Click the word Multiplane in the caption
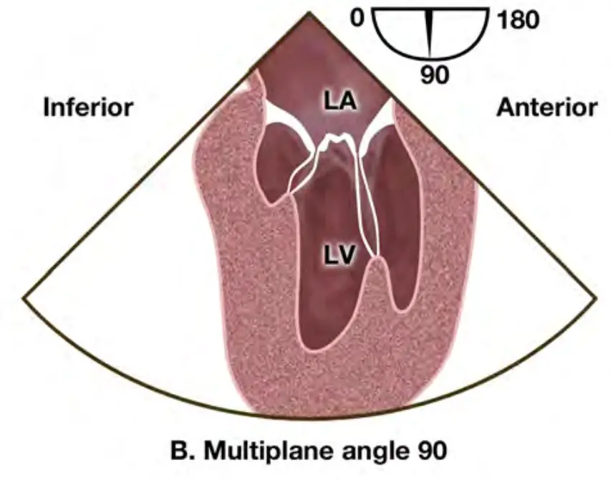pyautogui.click(x=262, y=453)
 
